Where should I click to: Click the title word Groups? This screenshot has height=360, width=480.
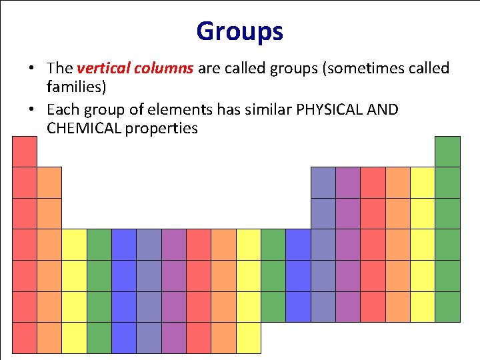pyautogui.click(x=239, y=31)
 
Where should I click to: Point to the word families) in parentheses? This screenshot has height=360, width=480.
pyautogui.click(x=77, y=87)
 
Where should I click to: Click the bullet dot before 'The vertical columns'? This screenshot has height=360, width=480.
pyautogui.click(x=31, y=69)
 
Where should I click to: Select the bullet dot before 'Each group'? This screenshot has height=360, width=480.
pyautogui.click(x=31, y=110)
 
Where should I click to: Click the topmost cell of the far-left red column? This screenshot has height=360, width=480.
pyautogui.click(x=25, y=151)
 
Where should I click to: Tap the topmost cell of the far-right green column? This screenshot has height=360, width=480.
pyautogui.click(x=447, y=151)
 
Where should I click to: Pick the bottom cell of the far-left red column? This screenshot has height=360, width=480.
pyautogui.click(x=25, y=337)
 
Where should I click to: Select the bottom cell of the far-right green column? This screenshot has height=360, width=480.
pyautogui.click(x=447, y=307)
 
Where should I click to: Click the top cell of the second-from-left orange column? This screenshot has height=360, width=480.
pyautogui.click(x=49, y=182)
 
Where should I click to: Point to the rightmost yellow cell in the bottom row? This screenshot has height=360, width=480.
pyautogui.click(x=249, y=337)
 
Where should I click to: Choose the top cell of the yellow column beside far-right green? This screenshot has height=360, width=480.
pyautogui.click(x=422, y=182)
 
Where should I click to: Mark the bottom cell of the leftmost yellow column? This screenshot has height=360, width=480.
pyautogui.click(x=74, y=337)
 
